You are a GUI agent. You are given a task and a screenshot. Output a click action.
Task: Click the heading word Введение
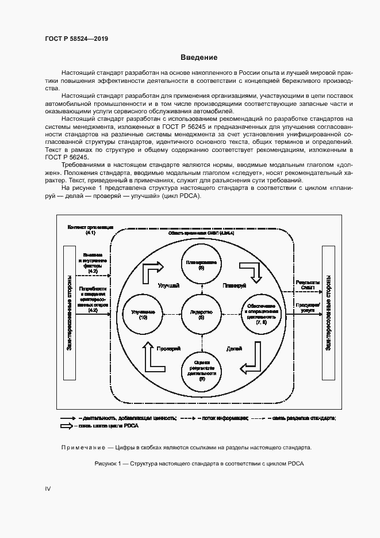pyautogui.click(x=198, y=58)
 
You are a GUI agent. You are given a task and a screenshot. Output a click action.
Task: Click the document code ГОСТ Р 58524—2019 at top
pyautogui.click(x=76, y=39)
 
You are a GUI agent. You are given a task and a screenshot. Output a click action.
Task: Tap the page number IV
pyautogui.click(x=48, y=489)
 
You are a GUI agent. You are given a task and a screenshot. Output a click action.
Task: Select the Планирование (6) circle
pyautogui.click(x=201, y=265)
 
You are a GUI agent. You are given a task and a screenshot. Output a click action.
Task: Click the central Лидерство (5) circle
pyautogui.click(x=201, y=314)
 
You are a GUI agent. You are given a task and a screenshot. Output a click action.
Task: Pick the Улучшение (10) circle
pyautogui.click(x=144, y=314)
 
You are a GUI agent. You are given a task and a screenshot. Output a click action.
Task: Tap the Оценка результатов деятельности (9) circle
pyautogui.click(x=201, y=369)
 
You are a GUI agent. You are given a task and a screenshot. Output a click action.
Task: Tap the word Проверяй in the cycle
pyautogui.click(x=169, y=349)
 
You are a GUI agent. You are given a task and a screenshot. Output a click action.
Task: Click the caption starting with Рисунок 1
pyautogui.click(x=198, y=464)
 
